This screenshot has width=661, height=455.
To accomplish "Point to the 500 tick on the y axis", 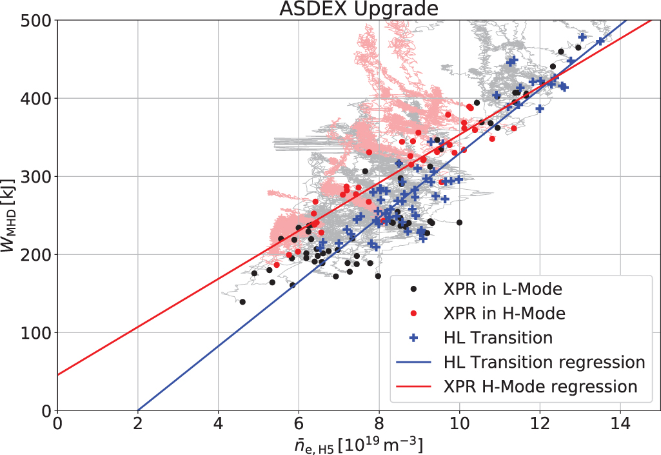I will tap(40, 21).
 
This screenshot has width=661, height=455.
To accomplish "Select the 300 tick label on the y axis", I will tap(40, 177).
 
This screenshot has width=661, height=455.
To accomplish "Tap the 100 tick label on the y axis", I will tap(40, 333).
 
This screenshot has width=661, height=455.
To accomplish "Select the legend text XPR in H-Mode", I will tap(505, 313).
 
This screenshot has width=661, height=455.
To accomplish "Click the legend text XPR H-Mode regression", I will tap(540, 387).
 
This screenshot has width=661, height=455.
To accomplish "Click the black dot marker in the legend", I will tap(414, 288).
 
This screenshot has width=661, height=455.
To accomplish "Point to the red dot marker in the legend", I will tap(414, 313).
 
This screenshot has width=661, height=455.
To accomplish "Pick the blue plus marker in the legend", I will tap(414, 338).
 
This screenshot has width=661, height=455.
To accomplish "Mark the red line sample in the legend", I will tap(414, 387).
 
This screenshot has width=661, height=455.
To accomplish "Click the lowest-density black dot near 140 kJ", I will tap(242, 301).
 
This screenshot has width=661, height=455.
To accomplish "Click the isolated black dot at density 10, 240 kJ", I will tap(459, 223).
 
